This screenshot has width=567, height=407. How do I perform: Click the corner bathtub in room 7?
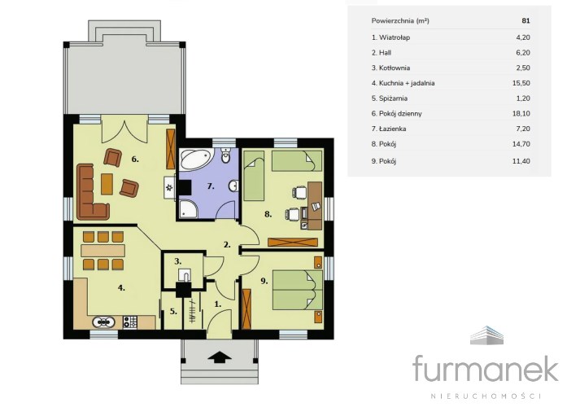coord(195,160)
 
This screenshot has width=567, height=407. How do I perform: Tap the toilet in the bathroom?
coord(226,155)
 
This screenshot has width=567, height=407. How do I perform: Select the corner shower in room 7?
coord(188,208)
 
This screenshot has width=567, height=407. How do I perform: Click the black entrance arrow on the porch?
coord(220,357)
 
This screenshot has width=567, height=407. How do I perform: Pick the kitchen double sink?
coord(104,322)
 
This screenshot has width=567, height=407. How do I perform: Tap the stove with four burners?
coord(130,322)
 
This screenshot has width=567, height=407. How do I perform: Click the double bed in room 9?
coord(297,290)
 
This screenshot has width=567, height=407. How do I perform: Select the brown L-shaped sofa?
coord(90,192)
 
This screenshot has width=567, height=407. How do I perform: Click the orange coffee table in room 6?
coord(107,184)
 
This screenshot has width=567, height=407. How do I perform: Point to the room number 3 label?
coord(177,261)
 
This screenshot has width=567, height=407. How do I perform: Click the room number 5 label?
coord(173,311)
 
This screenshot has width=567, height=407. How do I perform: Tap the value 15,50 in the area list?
coord(521,83)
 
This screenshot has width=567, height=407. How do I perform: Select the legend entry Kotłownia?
coord(390,68)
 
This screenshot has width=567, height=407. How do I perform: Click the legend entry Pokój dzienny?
coord(397,114)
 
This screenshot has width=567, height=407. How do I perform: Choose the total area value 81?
coord(526,20)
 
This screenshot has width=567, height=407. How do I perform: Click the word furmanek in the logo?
coord(486,368)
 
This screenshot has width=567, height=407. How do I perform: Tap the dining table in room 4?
coord(103,251)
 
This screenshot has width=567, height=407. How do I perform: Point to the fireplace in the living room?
coord(170,187)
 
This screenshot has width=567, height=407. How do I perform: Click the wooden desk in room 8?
coord(314,205)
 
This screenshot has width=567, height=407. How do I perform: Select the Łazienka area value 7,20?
coord(521,129)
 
